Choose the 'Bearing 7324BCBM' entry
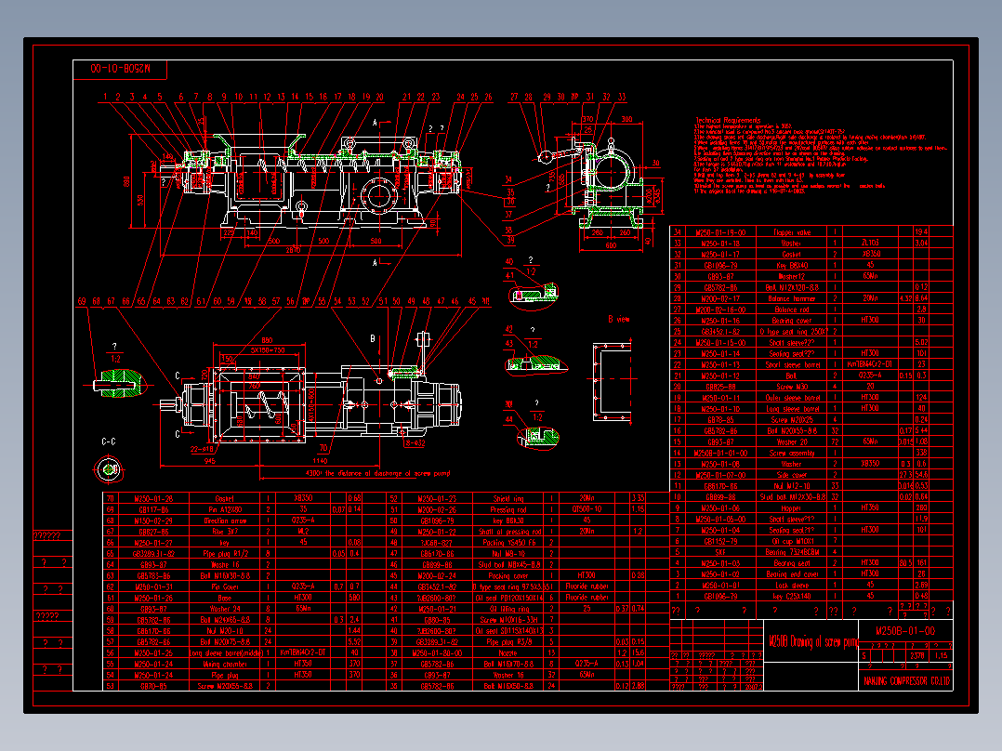click(789, 552)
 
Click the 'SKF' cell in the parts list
click(721, 552)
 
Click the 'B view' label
click(618, 319)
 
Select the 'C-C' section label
click(108, 441)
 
